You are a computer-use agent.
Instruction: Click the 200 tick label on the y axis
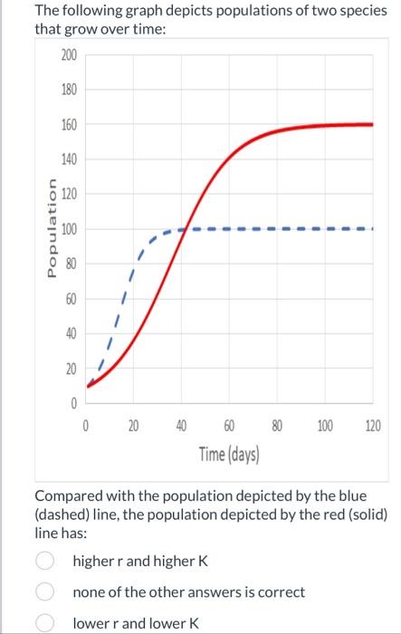pos(69,55)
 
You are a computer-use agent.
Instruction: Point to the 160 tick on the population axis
pos(69,125)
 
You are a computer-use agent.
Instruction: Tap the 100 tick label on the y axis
pos(69,229)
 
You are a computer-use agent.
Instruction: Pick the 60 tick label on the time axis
pos(229,425)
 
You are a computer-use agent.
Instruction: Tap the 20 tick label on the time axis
pos(133,425)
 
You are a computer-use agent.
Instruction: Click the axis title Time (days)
pos(229,453)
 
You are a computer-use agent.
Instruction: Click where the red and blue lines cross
pos(185,229)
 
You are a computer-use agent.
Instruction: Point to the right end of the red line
pos(372,124)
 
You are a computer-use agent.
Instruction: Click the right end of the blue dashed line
pos(369,229)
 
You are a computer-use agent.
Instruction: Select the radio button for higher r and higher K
pos(44,561)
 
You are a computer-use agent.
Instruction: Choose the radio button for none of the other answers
pos(44,592)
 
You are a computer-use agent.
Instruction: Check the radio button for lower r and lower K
pos(44,623)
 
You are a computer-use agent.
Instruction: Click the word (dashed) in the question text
pos(63,515)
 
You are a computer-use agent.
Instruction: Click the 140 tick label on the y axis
pos(69,159)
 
